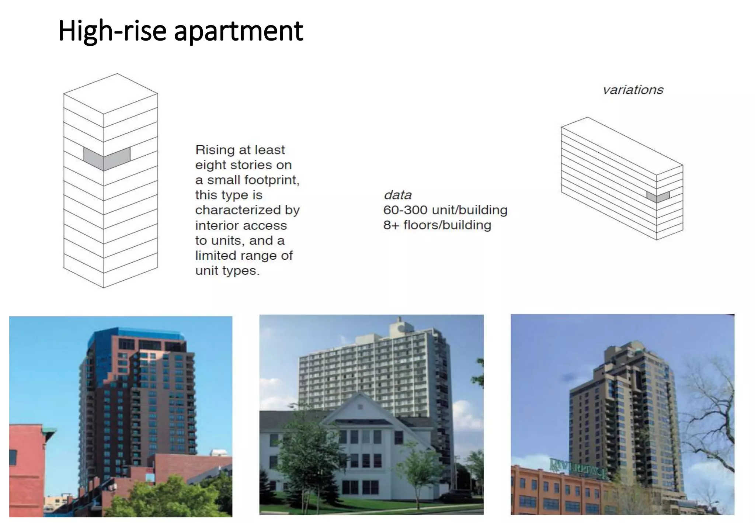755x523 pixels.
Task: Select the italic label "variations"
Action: (x=633, y=90)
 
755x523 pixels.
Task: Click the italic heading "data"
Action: (x=397, y=195)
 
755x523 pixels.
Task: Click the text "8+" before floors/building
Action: (x=391, y=225)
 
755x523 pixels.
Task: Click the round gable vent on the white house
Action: (x=360, y=407)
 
